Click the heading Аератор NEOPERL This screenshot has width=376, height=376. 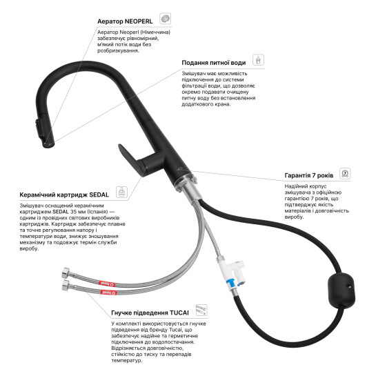tap(125, 21)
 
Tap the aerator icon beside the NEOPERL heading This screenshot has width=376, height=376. tap(165, 19)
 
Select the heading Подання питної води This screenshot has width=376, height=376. tap(214, 63)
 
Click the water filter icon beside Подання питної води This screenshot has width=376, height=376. tap(258, 60)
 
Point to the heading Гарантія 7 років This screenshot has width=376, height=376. tap(309, 175)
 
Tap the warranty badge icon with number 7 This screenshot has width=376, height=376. tap(345, 173)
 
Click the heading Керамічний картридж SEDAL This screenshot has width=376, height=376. tap(64, 195)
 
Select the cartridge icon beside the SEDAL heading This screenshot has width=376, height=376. tap(121, 192)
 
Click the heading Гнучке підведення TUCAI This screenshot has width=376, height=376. tap(150, 313)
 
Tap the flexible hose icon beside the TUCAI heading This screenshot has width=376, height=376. tap(201, 310)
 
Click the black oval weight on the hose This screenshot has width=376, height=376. tap(342, 290)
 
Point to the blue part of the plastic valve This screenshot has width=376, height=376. tap(231, 283)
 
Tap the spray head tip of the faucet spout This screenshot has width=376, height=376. tap(49, 144)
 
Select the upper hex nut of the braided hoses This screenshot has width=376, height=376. tap(66, 273)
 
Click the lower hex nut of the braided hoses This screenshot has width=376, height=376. tap(66, 285)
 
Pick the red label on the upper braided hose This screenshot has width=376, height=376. tap(107, 284)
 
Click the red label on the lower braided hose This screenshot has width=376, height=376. tap(108, 293)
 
